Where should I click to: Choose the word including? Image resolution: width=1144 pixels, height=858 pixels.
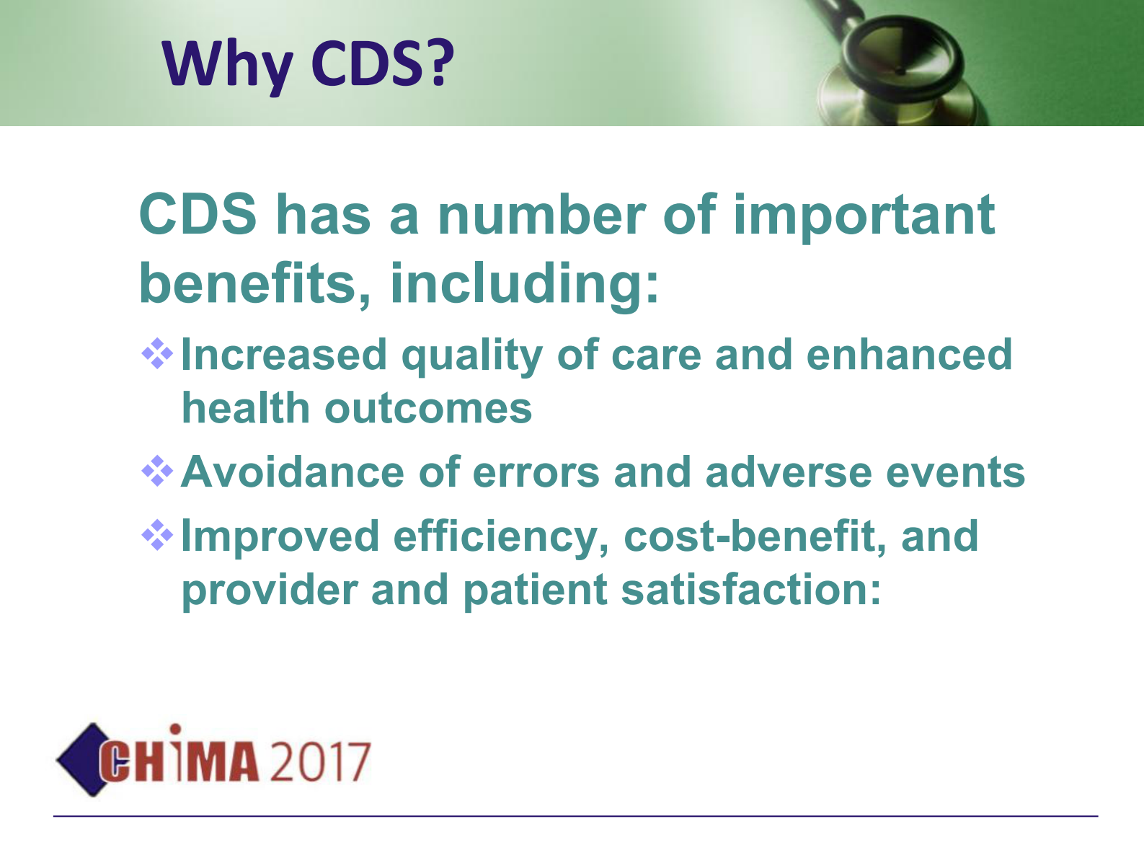pos(524,285)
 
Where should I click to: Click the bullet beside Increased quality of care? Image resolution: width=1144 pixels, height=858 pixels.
pos(157,354)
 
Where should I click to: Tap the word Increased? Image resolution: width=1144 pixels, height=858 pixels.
pos(284,355)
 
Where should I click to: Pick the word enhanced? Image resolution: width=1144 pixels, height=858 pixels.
pos(909,355)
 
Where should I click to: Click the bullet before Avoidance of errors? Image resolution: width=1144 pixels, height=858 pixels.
pos(157,472)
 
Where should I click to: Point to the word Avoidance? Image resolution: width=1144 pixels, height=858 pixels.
pos(293,472)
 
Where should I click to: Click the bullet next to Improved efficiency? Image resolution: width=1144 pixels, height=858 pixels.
pos(157,535)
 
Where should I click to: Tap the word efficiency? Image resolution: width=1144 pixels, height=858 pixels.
pos(501,538)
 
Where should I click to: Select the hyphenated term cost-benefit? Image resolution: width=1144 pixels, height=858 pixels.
pos(755,537)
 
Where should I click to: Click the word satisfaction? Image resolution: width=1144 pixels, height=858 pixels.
pos(750,590)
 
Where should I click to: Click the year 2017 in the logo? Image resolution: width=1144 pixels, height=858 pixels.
pos(320,762)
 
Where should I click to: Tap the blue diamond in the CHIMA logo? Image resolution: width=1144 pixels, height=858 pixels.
pos(78,759)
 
